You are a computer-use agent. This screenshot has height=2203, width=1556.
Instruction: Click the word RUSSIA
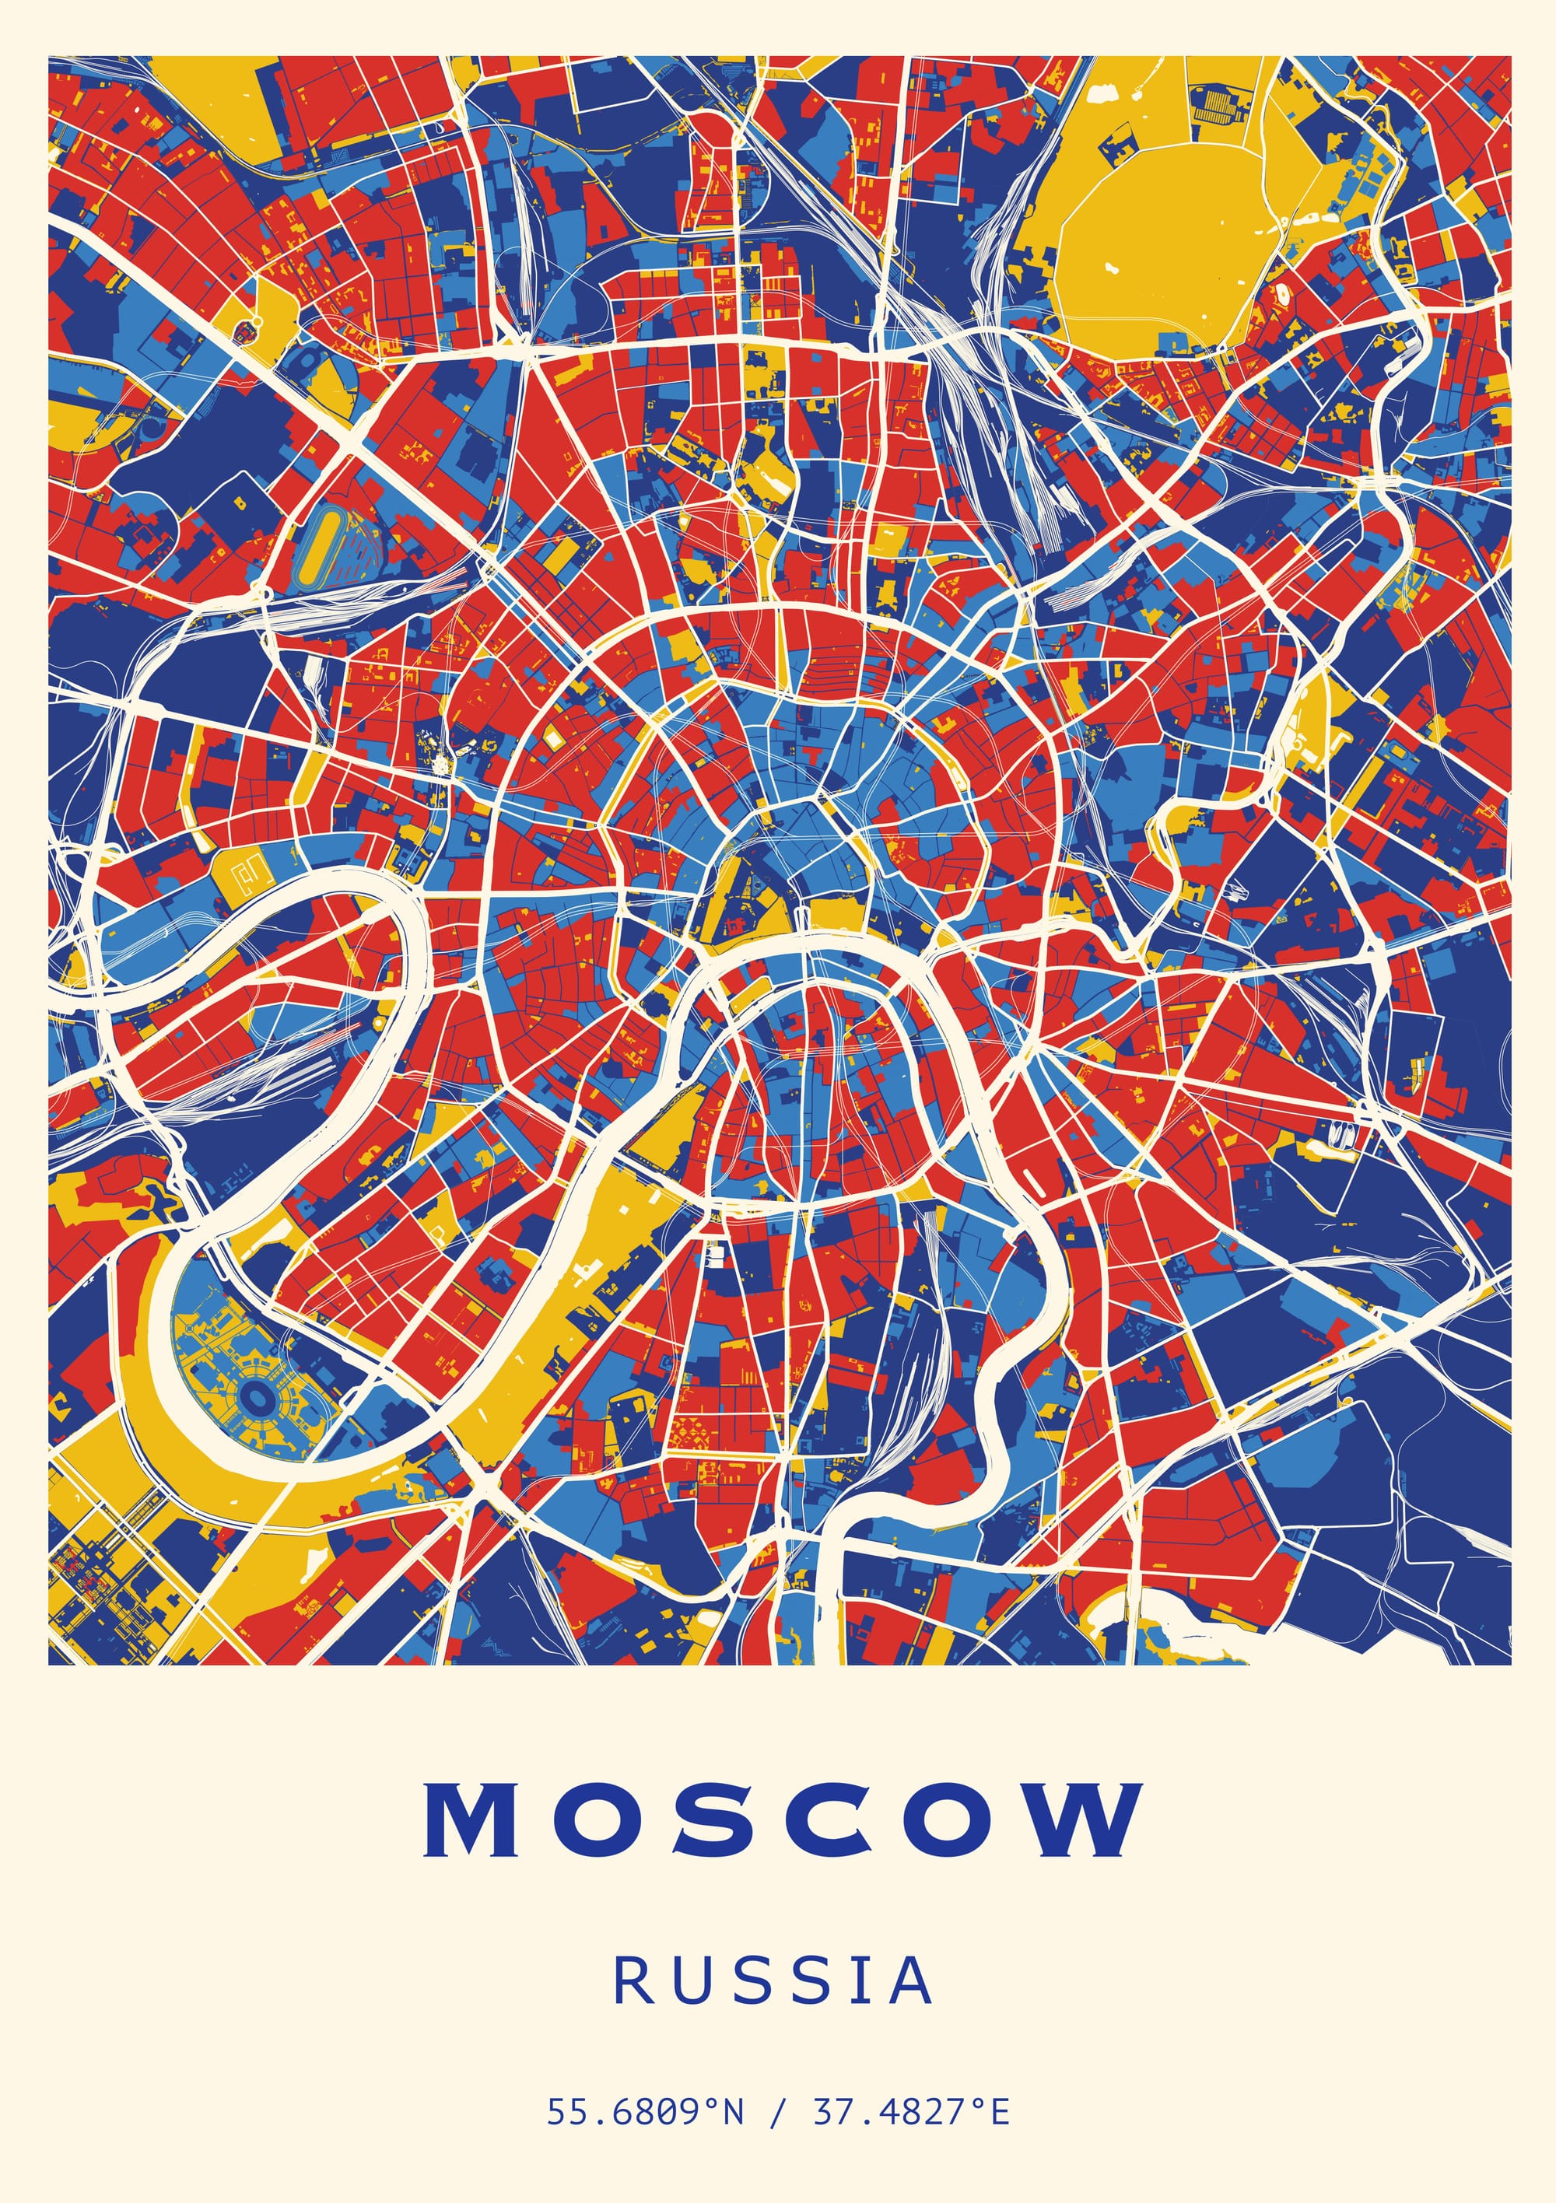773,1981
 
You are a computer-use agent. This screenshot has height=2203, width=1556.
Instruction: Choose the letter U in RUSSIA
685,1981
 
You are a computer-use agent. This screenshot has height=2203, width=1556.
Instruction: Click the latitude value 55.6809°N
645,2113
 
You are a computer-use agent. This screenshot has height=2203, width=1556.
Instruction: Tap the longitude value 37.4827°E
911,2113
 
